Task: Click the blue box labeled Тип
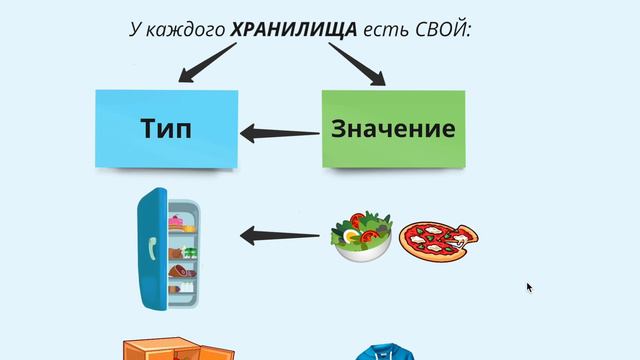click(167, 129)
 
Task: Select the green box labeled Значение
click(393, 129)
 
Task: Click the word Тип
click(165, 129)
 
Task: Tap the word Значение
click(393, 129)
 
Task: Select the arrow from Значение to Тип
click(279, 131)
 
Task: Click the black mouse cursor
click(530, 288)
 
